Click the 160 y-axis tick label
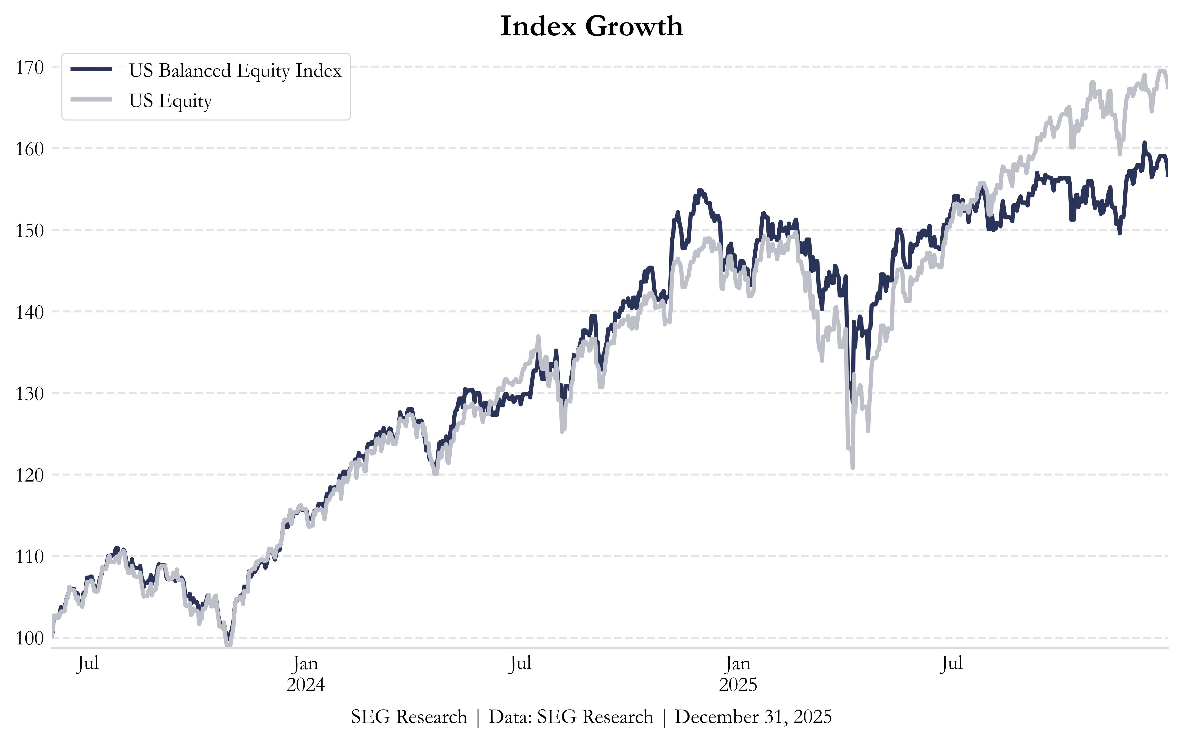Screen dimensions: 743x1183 [29, 149]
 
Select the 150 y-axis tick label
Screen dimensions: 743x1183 [29, 230]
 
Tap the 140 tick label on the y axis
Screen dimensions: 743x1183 [29, 312]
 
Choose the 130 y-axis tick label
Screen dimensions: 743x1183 [29, 393]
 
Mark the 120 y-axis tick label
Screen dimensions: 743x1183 [29, 475]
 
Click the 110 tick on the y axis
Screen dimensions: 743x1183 [29, 556]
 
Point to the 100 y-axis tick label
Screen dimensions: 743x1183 [29, 638]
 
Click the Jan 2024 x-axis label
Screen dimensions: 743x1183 [306, 674]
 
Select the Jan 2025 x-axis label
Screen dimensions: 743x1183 [738, 674]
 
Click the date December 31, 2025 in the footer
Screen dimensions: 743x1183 [753, 717]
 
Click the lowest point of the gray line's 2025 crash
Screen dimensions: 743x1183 [852, 468]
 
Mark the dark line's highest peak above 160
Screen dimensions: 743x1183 [1144, 142]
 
